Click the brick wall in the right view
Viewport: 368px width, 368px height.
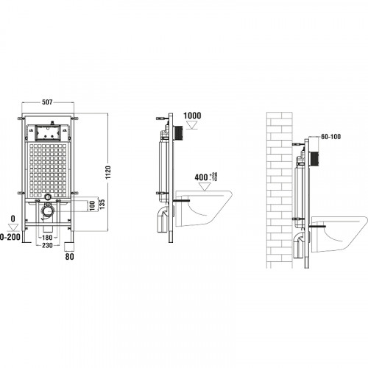[x=278, y=184]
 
